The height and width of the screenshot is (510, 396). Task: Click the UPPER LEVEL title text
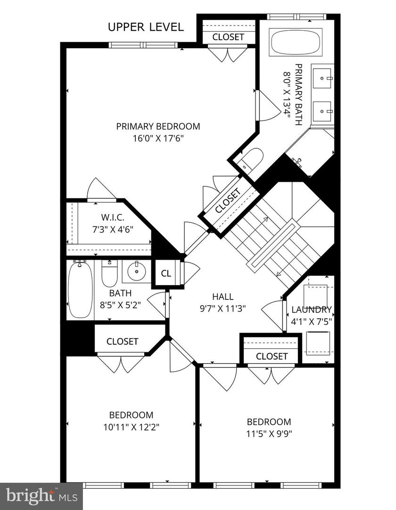(x=146, y=27)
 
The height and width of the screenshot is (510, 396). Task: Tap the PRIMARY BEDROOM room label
(x=158, y=126)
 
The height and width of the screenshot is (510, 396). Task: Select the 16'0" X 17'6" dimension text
(x=158, y=138)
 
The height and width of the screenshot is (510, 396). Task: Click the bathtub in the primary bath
(x=295, y=42)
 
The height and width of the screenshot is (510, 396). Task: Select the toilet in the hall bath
(x=109, y=274)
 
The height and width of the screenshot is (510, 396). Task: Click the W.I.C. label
(x=112, y=218)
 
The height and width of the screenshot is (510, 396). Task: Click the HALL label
(x=223, y=297)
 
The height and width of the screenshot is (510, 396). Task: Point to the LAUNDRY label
(x=311, y=310)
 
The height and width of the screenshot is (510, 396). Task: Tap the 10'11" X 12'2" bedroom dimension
(x=131, y=427)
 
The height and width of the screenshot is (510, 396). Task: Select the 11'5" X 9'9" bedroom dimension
(x=269, y=434)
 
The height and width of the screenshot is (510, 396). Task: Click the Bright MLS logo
(x=41, y=496)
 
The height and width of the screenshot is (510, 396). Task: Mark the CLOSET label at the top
(x=228, y=36)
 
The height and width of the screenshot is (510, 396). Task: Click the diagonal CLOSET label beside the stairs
(x=228, y=201)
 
